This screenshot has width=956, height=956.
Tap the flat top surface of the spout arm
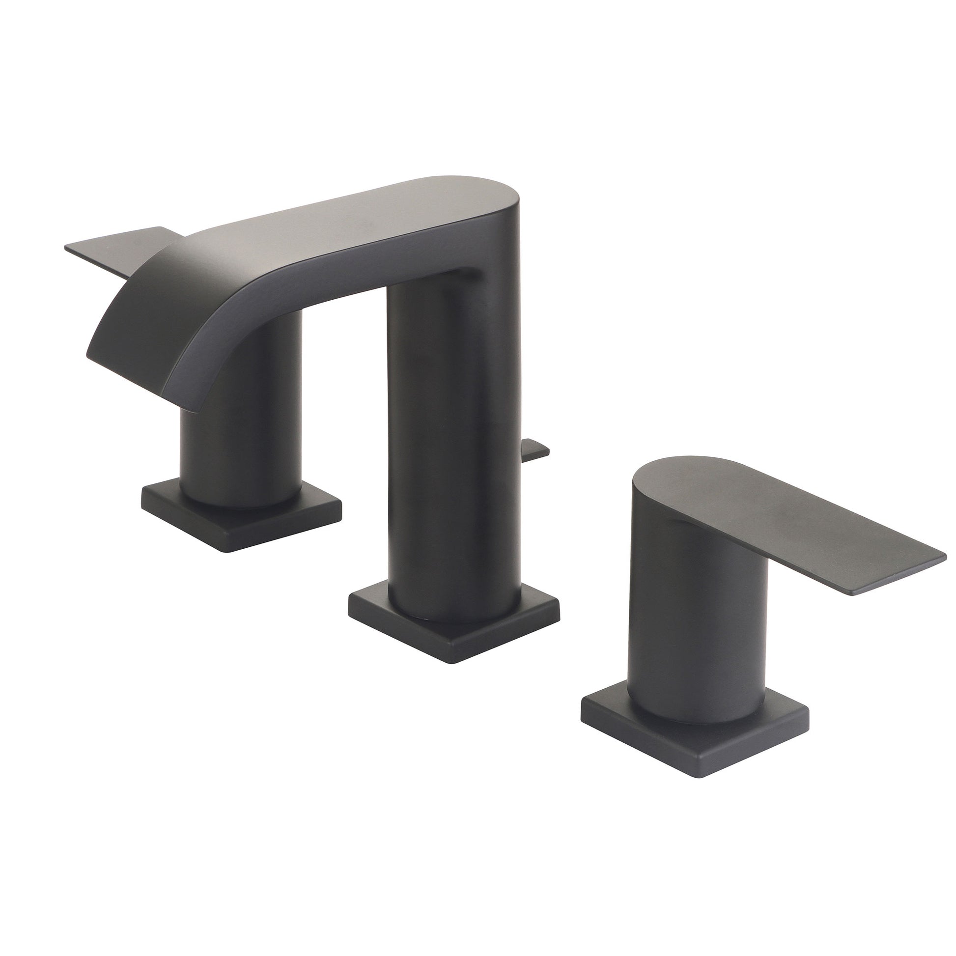coord(346,218)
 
